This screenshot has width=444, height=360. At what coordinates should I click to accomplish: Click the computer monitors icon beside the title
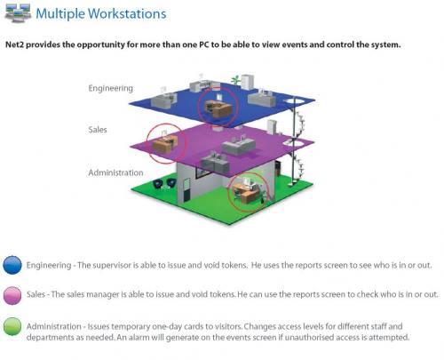tap(19, 12)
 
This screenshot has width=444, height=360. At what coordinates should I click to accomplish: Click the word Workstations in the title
tap(127, 13)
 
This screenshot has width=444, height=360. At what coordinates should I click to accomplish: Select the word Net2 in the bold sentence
tap(15, 44)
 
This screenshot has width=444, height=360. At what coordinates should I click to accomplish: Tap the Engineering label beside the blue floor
tap(111, 88)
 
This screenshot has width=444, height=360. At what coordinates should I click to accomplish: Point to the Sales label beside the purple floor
tap(98, 130)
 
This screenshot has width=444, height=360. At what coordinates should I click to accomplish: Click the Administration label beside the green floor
tap(115, 172)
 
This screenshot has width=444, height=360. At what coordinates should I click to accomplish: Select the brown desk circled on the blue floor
tap(218, 108)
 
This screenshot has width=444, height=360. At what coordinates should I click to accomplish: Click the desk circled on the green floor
tap(246, 191)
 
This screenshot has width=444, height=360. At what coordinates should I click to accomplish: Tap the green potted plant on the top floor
tap(235, 80)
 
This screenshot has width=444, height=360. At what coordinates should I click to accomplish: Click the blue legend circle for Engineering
tap(12, 265)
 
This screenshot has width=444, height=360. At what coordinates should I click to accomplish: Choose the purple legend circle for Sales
tap(12, 295)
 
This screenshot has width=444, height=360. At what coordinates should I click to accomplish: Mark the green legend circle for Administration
tap(12, 326)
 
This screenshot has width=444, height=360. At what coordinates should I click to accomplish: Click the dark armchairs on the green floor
tap(163, 184)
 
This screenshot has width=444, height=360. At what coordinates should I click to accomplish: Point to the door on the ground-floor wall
tap(186, 190)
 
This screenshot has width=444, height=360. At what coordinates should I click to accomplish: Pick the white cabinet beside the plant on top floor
tap(247, 81)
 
